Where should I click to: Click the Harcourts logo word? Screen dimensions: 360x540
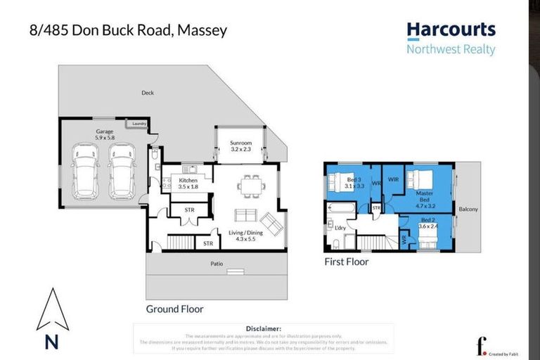click(x=451, y=30)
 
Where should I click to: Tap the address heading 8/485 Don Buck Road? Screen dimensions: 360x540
click(x=129, y=31)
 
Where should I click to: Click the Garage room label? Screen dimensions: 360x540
click(x=105, y=131)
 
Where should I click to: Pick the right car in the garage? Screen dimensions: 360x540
click(x=122, y=171)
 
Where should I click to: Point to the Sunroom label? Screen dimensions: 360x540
click(x=240, y=146)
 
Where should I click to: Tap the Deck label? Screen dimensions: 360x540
click(x=147, y=92)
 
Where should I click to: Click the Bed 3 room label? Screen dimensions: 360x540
click(x=355, y=183)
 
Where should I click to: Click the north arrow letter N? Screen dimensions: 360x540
click(x=51, y=342)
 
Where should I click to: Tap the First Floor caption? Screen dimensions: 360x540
click(x=346, y=262)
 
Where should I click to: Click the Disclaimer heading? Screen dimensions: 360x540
click(x=264, y=328)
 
